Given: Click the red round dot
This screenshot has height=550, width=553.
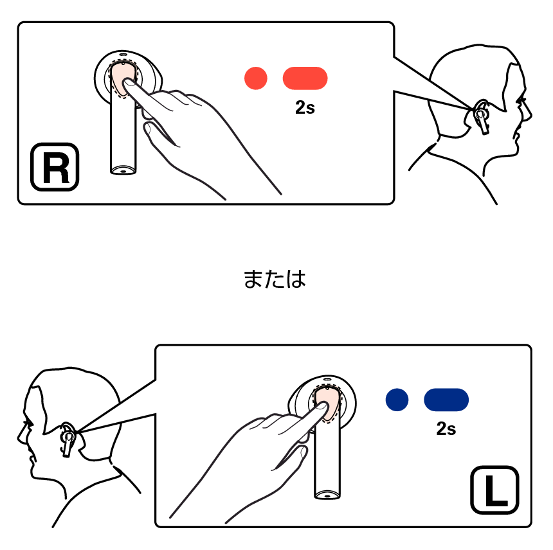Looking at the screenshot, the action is pyautogui.click(x=256, y=78).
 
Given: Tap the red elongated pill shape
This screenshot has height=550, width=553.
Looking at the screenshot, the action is pyautogui.click(x=305, y=78).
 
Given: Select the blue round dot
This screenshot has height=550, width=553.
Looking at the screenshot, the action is pyautogui.click(x=397, y=400).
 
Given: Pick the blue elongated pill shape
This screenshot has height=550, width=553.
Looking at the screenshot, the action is pyautogui.click(x=446, y=400).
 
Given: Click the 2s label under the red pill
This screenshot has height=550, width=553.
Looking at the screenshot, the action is pyautogui.click(x=305, y=108).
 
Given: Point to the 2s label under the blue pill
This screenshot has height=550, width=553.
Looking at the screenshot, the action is pyautogui.click(x=446, y=429).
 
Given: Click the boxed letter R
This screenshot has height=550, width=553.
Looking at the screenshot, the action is pyautogui.click(x=55, y=167).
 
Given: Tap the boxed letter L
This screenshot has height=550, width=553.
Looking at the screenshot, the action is pyautogui.click(x=495, y=490).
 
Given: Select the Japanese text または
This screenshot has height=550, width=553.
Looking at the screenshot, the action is pyautogui.click(x=275, y=279).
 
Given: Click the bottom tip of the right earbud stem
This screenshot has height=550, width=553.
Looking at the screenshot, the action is pyautogui.click(x=123, y=172).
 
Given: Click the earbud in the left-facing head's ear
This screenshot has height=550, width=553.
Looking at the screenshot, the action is pyautogui.click(x=68, y=439).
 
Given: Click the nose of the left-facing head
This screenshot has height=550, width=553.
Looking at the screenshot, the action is pyautogui.click(x=19, y=437).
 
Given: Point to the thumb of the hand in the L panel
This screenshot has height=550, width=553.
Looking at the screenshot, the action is pyautogui.click(x=293, y=456).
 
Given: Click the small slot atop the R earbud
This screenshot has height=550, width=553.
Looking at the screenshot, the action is pyautogui.click(x=123, y=55).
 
